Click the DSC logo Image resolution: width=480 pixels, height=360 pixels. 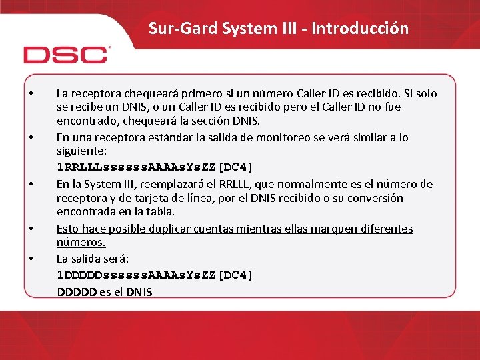[x=65, y=54]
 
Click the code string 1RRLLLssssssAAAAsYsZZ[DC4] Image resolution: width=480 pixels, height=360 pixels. [x=155, y=167]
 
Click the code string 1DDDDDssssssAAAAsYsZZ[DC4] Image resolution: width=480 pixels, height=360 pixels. [x=155, y=275]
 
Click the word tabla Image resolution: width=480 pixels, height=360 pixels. [x=160, y=211]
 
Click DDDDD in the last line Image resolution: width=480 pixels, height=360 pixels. [x=75, y=292]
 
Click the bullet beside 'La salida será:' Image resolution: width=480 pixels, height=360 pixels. [x=32, y=258]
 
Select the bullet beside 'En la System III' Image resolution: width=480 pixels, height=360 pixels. [x=32, y=184]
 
